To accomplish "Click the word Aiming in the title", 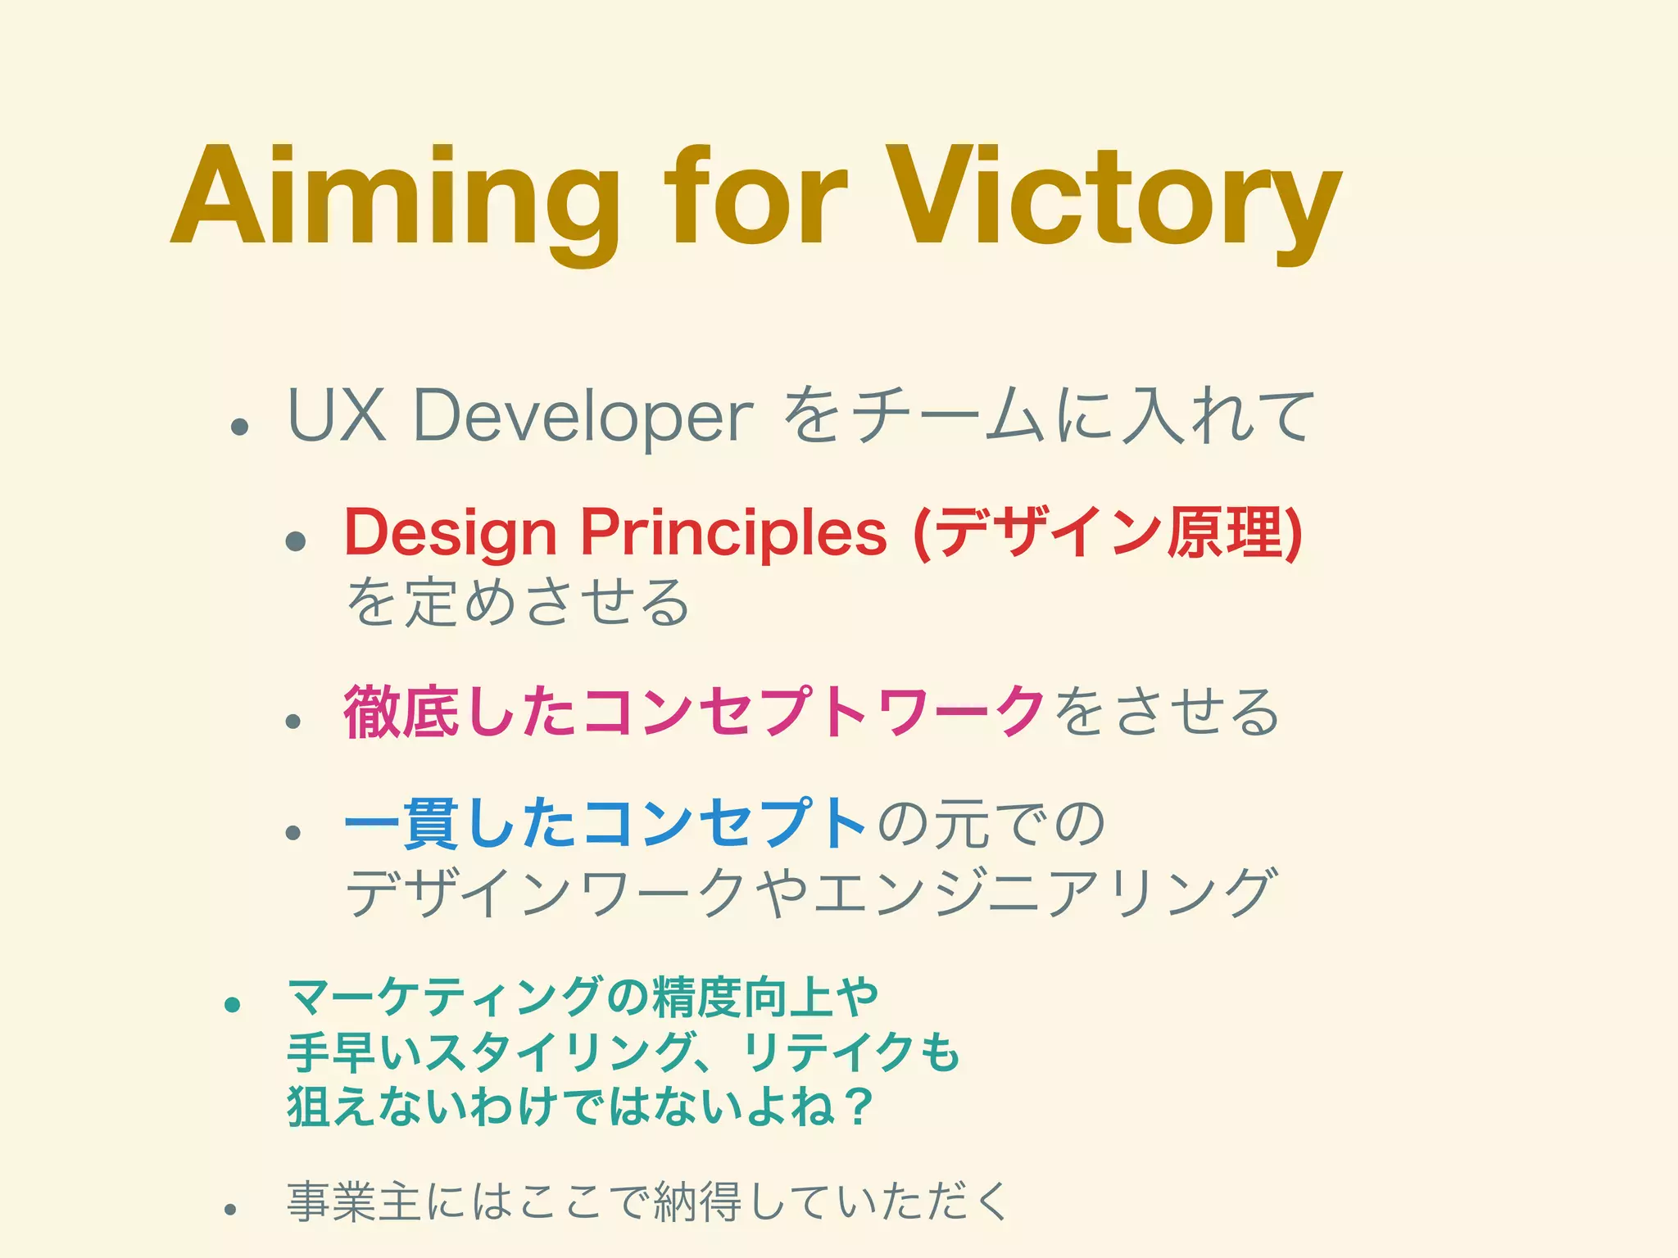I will tap(393, 197).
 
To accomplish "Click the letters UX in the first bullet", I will tap(337, 416).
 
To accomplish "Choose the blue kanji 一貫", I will tap(401, 823).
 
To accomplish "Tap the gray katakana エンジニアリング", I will tap(1041, 893).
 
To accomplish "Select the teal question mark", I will tap(857, 1106).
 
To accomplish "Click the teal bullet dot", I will tap(233, 1004).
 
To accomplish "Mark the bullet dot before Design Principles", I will tap(295, 541).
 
